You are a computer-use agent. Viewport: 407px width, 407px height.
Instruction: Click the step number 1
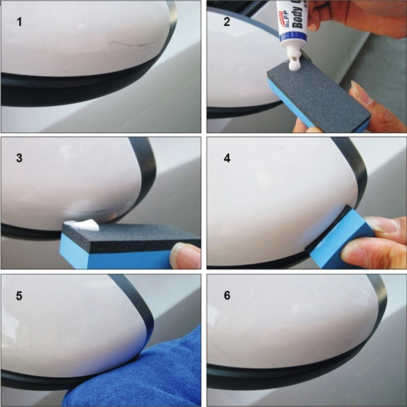click(x=19, y=22)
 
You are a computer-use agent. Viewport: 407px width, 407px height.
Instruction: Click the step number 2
click(x=227, y=22)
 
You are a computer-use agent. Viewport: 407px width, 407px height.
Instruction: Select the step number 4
click(x=227, y=158)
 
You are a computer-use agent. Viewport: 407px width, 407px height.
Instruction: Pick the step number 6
click(x=227, y=296)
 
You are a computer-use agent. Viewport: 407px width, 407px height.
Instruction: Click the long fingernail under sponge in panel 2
click(x=360, y=92)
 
